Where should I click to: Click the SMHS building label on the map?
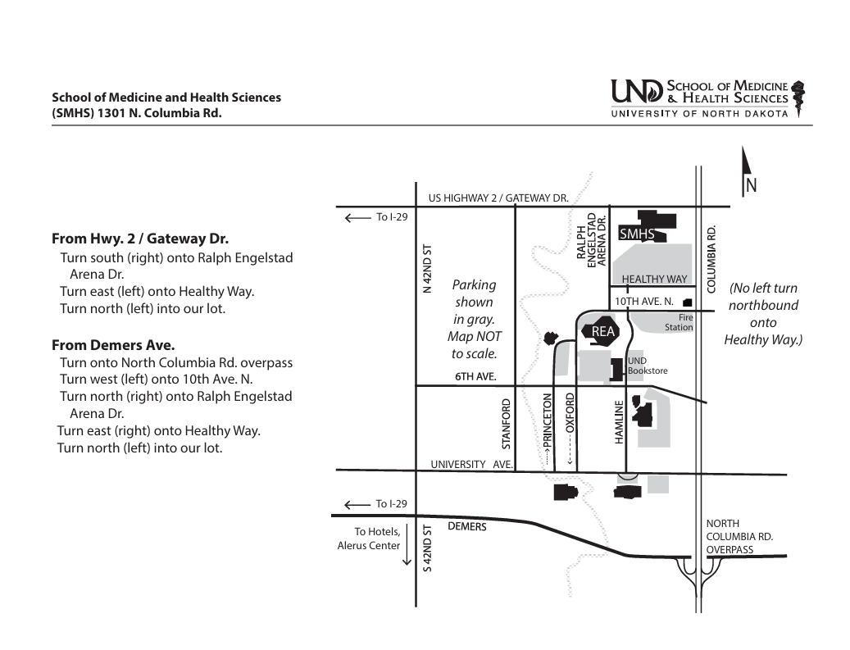(x=636, y=234)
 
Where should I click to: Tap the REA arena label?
(x=602, y=332)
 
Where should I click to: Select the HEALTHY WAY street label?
(x=654, y=280)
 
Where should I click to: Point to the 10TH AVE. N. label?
(x=644, y=302)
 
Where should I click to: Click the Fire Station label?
(x=679, y=323)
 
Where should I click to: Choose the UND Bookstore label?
(x=648, y=366)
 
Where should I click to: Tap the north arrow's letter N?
(x=751, y=185)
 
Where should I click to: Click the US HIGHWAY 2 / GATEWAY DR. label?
(x=498, y=198)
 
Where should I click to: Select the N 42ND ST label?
(x=427, y=269)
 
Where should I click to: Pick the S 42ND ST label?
(x=427, y=548)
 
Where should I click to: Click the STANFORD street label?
(x=507, y=424)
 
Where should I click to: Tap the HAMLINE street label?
(x=619, y=422)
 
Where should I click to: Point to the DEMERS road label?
(x=467, y=526)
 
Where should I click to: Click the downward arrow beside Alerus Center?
(x=407, y=544)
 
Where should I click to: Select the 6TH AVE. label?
(x=475, y=376)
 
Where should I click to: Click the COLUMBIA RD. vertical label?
(x=711, y=258)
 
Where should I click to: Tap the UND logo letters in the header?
(x=637, y=92)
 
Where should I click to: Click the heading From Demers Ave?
(x=113, y=345)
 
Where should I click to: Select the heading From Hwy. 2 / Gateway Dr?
(x=140, y=239)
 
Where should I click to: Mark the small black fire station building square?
(x=688, y=302)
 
